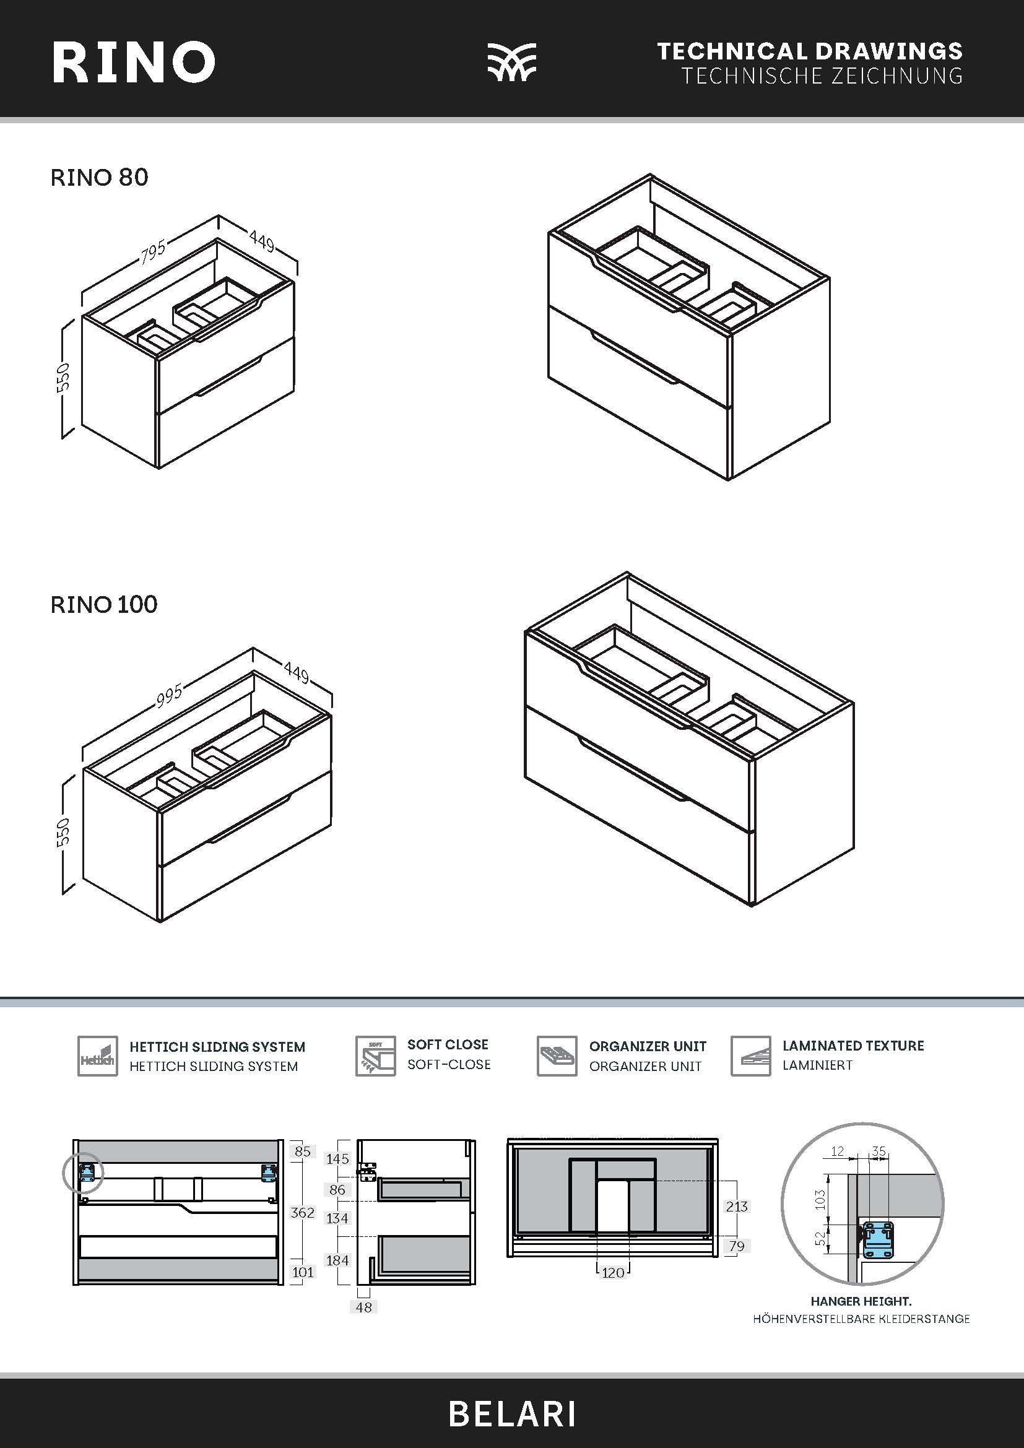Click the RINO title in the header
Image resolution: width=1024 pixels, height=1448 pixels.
pyautogui.click(x=133, y=63)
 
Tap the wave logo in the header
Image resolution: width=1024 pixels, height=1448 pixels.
pyautogui.click(x=511, y=63)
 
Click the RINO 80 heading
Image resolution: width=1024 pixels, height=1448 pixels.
pyautogui.click(x=99, y=177)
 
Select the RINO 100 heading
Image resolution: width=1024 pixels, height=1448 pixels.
pyautogui.click(x=104, y=604)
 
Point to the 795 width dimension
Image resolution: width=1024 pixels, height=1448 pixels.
pyautogui.click(x=153, y=251)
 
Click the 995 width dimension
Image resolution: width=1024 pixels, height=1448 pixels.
pyautogui.click(x=169, y=695)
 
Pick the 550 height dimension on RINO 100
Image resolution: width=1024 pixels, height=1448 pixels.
pyautogui.click(x=63, y=833)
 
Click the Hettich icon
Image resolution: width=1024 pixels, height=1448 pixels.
pyautogui.click(x=98, y=1056)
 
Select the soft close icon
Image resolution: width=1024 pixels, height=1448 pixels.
pyautogui.click(x=375, y=1056)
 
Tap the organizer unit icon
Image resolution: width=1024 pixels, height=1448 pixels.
pyautogui.click(x=557, y=1056)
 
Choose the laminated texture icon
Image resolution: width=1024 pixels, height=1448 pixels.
pyautogui.click(x=750, y=1056)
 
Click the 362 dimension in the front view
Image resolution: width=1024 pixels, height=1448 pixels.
pyautogui.click(x=302, y=1212)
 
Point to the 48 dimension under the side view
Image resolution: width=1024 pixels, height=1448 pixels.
pyautogui.click(x=364, y=1307)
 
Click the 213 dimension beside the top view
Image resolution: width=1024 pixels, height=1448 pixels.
pyautogui.click(x=737, y=1207)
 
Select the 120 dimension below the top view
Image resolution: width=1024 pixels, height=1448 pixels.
pyautogui.click(x=613, y=1273)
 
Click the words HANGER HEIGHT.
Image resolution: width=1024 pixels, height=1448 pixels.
pyautogui.click(x=861, y=1301)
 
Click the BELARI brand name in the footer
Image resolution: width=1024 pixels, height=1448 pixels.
pyautogui.click(x=512, y=1415)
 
